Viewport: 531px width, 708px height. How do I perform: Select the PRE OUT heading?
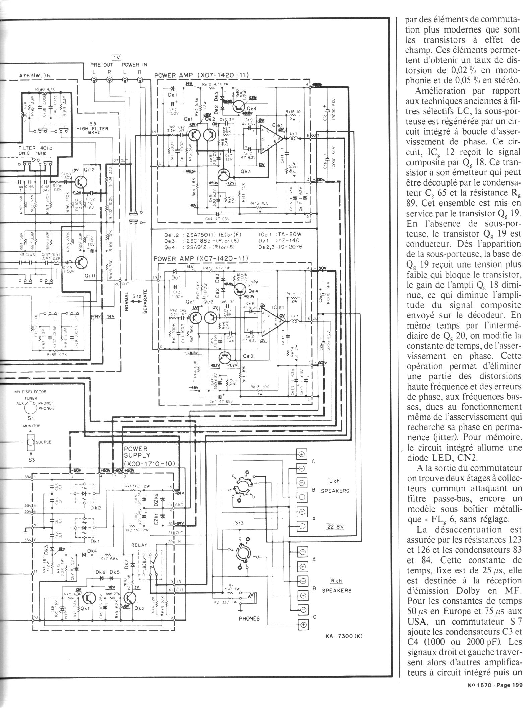102,65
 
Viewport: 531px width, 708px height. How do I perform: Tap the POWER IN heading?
134,65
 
